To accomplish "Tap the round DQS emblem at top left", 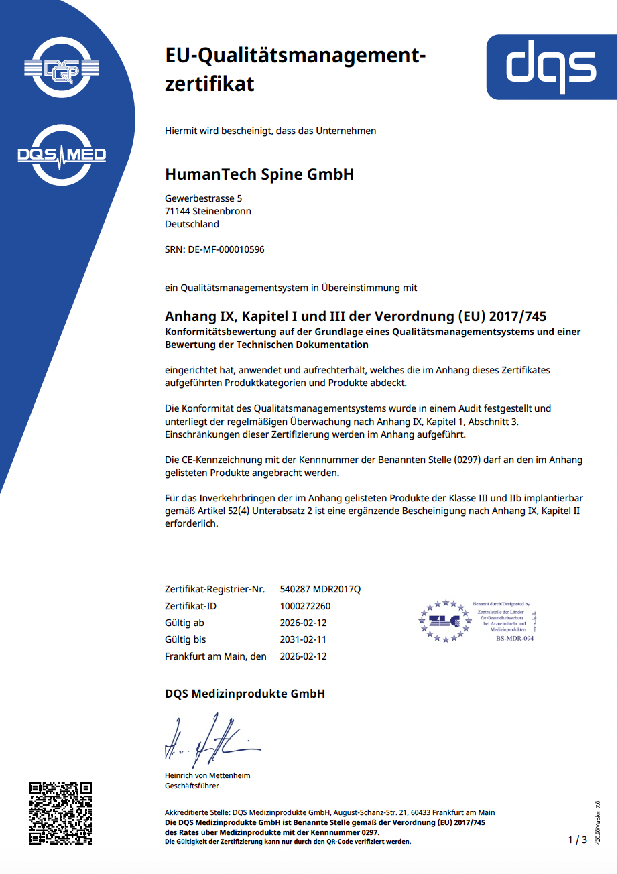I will click(61, 68).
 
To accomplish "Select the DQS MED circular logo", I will click(61, 155).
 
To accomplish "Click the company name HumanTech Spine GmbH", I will click(259, 175).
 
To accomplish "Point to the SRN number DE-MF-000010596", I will click(226, 249).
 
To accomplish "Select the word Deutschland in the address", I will click(192, 224).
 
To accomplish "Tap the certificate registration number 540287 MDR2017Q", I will click(320, 589).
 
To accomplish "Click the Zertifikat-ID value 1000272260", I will click(305, 606).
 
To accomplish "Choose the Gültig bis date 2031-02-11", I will click(303, 639).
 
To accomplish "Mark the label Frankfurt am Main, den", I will click(215, 656).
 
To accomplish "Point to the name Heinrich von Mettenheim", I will click(207, 775).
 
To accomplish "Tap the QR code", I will click(60, 812).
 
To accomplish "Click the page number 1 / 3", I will click(577, 840).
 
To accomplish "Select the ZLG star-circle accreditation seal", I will click(443, 621).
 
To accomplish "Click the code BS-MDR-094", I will click(514, 638).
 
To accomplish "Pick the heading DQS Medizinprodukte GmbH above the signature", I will click(245, 694).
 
